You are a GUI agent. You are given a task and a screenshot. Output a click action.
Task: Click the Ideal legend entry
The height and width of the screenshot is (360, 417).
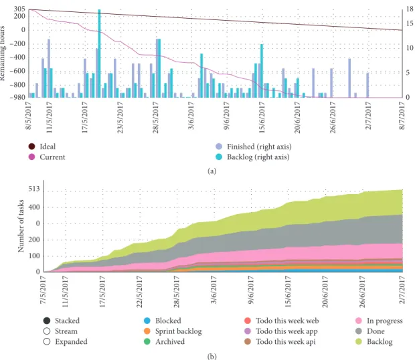[x=42, y=147]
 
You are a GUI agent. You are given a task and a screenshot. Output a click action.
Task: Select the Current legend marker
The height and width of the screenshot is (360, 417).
[x=31, y=157]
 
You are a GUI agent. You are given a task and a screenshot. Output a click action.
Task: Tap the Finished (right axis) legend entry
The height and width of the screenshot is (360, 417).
[x=254, y=147]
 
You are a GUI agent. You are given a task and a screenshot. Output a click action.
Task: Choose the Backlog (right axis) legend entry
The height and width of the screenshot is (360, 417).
[x=252, y=157]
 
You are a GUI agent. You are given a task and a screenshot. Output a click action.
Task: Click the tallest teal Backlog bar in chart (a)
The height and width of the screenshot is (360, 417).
[x=100, y=53]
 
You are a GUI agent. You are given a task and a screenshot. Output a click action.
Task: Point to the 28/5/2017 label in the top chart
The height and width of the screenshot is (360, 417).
[x=155, y=118]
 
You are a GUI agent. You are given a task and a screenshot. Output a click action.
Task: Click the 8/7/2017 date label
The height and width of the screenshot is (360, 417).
[x=402, y=116]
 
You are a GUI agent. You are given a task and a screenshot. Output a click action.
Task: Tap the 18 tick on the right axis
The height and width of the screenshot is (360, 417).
[x=410, y=9]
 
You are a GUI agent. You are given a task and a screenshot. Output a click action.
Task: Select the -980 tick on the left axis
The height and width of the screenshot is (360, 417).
[x=17, y=97]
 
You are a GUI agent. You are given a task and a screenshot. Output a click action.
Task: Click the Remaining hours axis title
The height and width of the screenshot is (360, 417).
[x=3, y=53]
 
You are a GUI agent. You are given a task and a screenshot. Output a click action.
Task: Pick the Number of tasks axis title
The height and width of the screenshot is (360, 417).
[x=21, y=226]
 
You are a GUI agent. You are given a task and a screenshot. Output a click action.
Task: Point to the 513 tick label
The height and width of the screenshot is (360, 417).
[x=34, y=189]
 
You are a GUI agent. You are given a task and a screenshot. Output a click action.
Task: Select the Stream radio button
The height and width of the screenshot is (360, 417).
[x=47, y=331]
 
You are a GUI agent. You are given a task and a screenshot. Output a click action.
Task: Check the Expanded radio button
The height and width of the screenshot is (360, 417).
[x=47, y=341]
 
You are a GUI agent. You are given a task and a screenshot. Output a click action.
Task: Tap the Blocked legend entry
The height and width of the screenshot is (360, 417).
[x=163, y=321]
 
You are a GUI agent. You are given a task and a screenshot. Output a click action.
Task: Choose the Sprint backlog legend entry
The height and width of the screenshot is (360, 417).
[x=173, y=331]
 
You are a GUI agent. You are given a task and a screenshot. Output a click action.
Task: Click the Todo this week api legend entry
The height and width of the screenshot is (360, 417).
[x=280, y=341]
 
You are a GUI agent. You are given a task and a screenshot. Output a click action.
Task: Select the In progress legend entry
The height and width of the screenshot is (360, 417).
[x=379, y=321]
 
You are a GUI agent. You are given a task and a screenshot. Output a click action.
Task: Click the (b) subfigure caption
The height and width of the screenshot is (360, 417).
[x=212, y=356]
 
